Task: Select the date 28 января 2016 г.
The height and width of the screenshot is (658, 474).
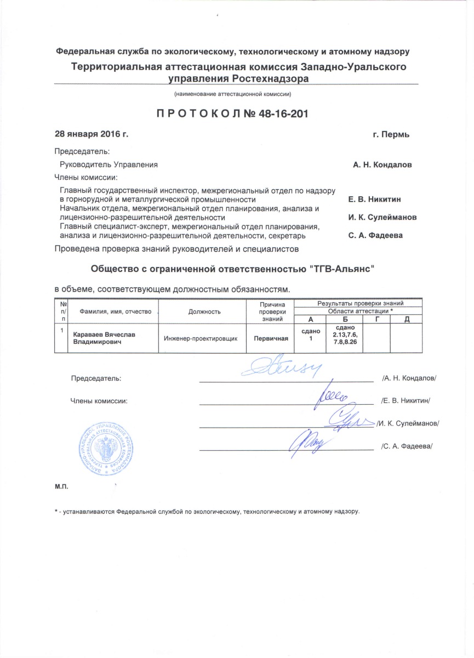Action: (91, 134)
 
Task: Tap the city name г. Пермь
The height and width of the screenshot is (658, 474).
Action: (390, 134)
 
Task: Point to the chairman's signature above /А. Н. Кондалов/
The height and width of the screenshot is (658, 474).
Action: (279, 369)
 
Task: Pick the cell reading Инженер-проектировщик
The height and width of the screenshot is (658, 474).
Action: (201, 338)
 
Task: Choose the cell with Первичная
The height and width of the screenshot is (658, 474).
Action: (270, 338)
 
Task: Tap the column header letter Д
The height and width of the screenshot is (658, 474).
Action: (406, 319)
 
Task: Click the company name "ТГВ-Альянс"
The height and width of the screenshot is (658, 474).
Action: (343, 269)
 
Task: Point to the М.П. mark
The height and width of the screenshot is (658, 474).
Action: (60, 486)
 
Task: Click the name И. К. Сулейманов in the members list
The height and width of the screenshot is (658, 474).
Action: (382, 217)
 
